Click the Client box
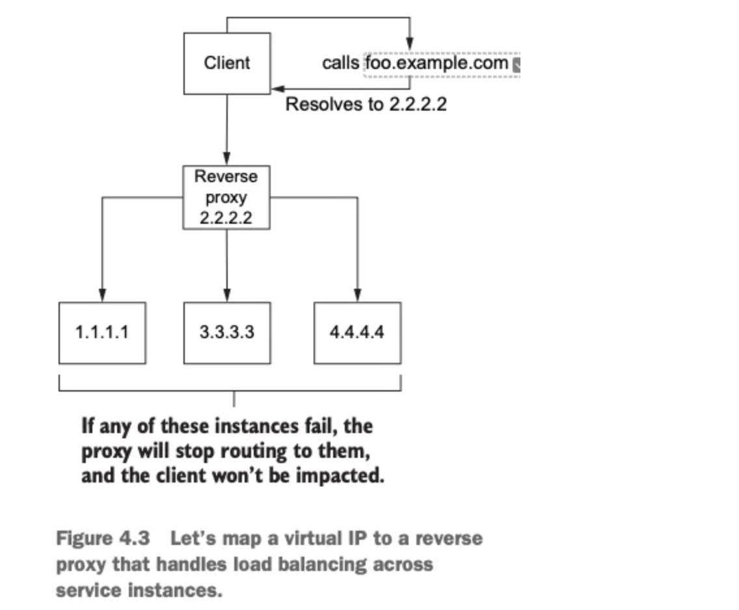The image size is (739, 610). pyautogui.click(x=226, y=63)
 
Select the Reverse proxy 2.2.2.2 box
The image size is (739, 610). pyautogui.click(x=226, y=197)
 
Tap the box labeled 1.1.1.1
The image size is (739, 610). pyautogui.click(x=102, y=332)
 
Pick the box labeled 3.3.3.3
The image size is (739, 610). pyautogui.click(x=226, y=332)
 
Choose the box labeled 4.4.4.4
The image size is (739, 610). pyautogui.click(x=357, y=332)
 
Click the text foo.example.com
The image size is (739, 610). pyautogui.click(x=437, y=63)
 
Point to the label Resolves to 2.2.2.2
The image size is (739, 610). pyautogui.click(x=366, y=104)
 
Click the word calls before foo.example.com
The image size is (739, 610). pyautogui.click(x=340, y=63)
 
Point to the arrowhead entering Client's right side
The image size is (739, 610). pyautogui.click(x=276, y=88)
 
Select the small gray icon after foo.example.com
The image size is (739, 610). pyautogui.click(x=517, y=64)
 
